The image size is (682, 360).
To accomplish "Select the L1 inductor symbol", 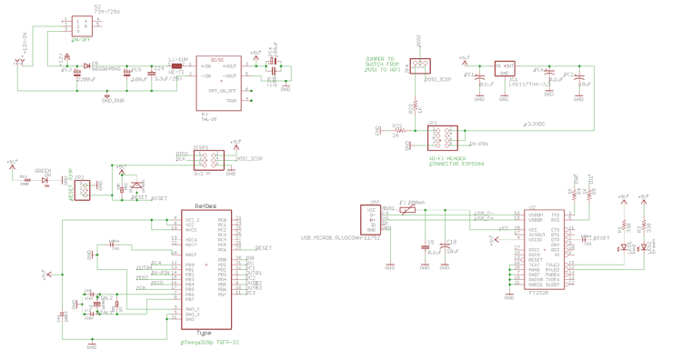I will click(176, 65).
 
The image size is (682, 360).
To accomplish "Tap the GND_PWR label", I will click(113, 100).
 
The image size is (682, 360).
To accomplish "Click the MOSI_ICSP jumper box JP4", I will click(419, 66).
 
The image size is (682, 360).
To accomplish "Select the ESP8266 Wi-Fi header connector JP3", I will click(443, 138).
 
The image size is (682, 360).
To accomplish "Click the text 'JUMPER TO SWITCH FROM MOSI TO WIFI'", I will click(383, 65).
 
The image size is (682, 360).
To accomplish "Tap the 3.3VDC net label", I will click(536, 123).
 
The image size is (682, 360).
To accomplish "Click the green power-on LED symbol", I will click(45, 181).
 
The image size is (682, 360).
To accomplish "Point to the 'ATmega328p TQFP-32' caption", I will click(209, 343).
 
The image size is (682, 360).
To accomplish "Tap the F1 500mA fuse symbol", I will click(409, 210).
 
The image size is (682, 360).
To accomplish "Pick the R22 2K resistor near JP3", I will click(398, 132).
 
